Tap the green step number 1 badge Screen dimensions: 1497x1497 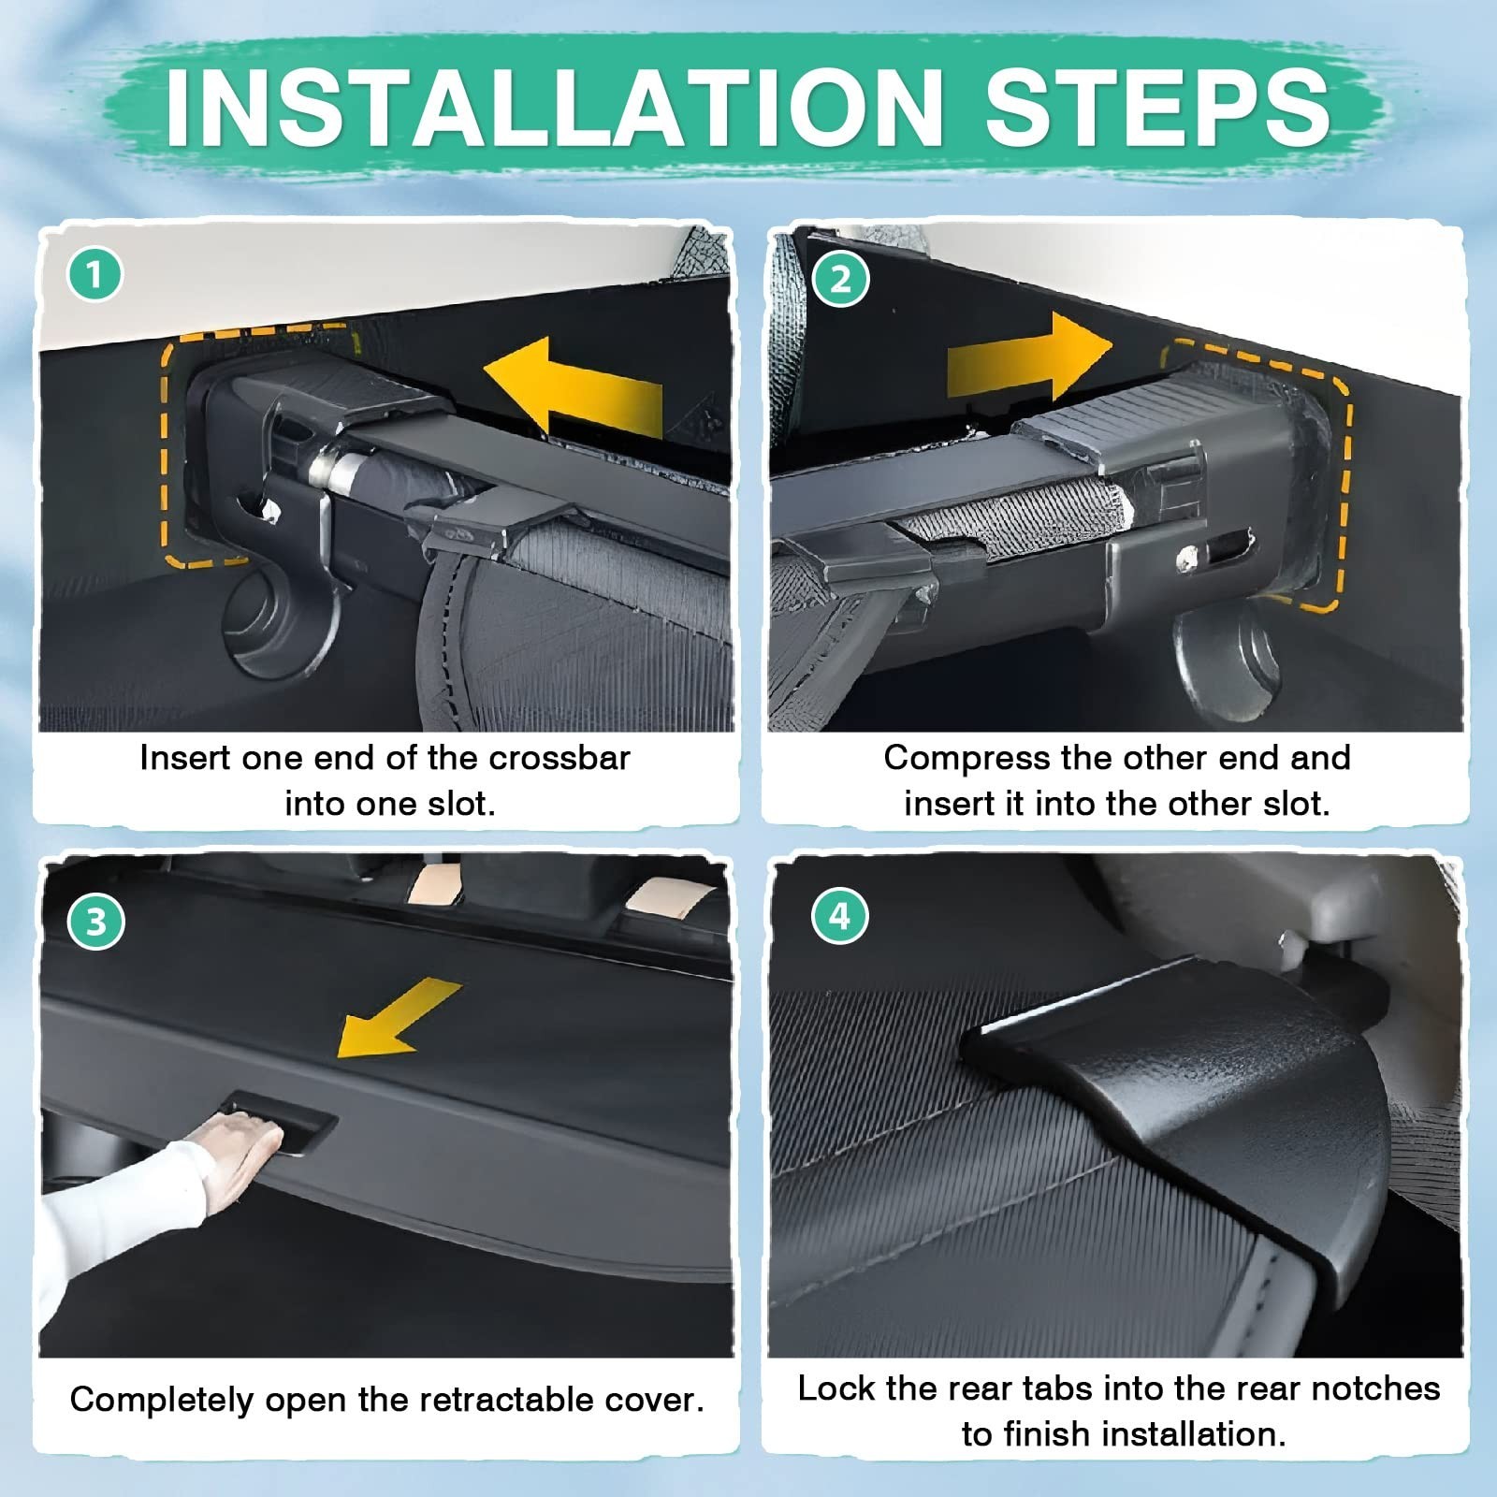point(94,275)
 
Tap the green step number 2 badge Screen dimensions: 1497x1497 point(840,279)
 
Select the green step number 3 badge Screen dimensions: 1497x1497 point(95,923)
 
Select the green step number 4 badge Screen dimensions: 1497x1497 point(840,916)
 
